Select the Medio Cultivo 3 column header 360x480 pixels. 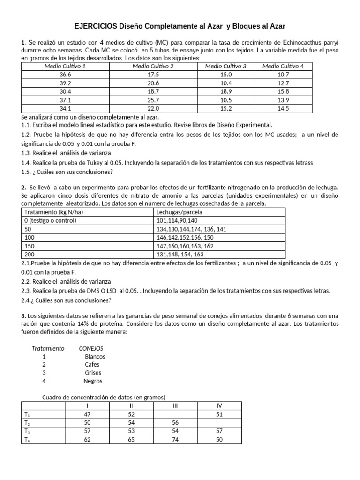click(225, 66)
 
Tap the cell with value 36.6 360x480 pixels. click(65, 75)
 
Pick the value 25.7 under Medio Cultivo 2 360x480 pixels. click(153, 100)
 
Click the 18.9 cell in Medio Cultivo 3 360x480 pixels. click(225, 91)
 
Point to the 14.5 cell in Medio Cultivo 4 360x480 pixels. click(283, 108)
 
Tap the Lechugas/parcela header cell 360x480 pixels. click(173, 212)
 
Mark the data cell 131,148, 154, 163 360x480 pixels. click(180, 254)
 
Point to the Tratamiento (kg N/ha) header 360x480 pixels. click(51, 212)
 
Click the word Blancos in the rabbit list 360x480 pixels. click(95, 356)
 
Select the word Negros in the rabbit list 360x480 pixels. click(93, 381)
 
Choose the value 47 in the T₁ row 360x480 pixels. click(87, 414)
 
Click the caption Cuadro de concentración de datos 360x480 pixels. click(104, 397)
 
